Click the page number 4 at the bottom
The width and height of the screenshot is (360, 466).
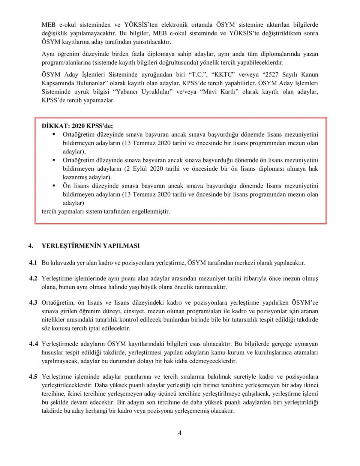(180, 433)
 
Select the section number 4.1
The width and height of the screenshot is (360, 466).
(33, 263)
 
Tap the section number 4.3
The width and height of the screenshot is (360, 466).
(33, 302)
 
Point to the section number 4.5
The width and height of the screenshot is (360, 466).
(33, 377)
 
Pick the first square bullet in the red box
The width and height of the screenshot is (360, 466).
(54, 134)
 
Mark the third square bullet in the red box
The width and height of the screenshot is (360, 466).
(54, 186)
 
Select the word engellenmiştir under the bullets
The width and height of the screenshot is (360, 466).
(150, 211)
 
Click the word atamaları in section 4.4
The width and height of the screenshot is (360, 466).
(306, 353)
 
